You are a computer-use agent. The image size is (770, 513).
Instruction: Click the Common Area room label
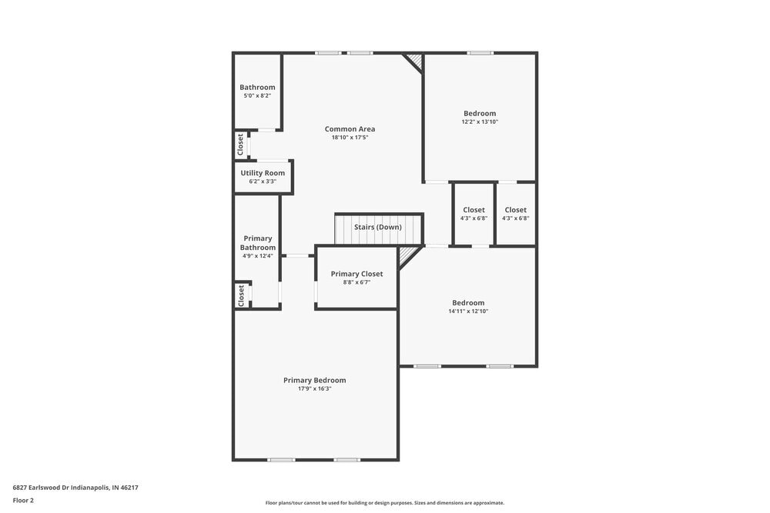pos(350,129)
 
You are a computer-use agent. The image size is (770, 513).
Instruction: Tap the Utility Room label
pos(263,173)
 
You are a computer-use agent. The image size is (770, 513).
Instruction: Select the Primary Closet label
pos(357,274)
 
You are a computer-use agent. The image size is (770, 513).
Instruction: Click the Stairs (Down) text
pos(377,227)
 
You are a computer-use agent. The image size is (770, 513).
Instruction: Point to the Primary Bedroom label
pos(314,380)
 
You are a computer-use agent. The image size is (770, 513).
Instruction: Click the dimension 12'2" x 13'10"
pos(480,122)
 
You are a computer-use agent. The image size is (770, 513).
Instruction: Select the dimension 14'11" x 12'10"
pos(468,311)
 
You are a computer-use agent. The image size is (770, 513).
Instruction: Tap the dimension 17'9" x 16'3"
pos(314,389)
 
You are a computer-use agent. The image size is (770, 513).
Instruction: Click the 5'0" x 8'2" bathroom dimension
pos(257,95)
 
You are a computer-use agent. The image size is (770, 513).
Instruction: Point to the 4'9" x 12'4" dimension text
pos(258,256)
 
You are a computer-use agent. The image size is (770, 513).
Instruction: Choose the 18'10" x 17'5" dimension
pos(350,138)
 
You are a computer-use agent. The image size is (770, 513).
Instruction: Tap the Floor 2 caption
pos(23,500)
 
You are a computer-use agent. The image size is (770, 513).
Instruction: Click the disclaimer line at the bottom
pos(385,503)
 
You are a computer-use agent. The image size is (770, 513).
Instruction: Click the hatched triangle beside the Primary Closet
pos(407,254)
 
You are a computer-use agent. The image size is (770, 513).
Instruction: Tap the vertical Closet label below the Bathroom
pos(241,144)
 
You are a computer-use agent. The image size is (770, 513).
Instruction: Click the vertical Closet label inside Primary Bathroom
pos(241,295)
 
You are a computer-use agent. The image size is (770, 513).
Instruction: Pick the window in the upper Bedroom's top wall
pos(480,53)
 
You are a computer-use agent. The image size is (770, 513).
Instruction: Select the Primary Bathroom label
pos(258,243)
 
